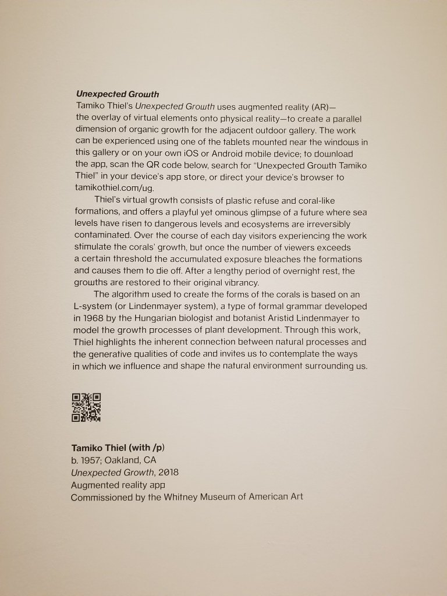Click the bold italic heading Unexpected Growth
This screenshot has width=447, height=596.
117,94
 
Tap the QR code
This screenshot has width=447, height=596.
86,407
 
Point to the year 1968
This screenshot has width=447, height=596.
97,318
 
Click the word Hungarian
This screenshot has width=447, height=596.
154,318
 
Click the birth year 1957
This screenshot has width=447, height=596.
88,460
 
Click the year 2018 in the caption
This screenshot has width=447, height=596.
168,472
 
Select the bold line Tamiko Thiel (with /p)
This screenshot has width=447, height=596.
122,448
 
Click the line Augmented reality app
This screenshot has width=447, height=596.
118,485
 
